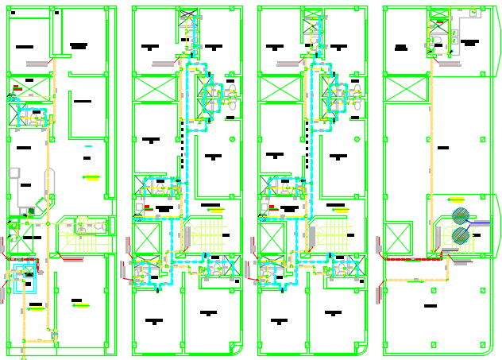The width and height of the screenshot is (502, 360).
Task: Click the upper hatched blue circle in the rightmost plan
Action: [x=460, y=215]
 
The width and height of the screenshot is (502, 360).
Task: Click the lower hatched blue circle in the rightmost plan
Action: [x=460, y=235]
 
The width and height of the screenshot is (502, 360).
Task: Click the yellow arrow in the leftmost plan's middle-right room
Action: [x=91, y=176]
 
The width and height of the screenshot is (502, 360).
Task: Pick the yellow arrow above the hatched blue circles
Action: [x=457, y=199]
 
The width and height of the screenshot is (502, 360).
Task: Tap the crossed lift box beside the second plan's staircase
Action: [x=146, y=238]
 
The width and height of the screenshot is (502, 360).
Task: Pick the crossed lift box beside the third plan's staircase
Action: [x=271, y=238]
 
